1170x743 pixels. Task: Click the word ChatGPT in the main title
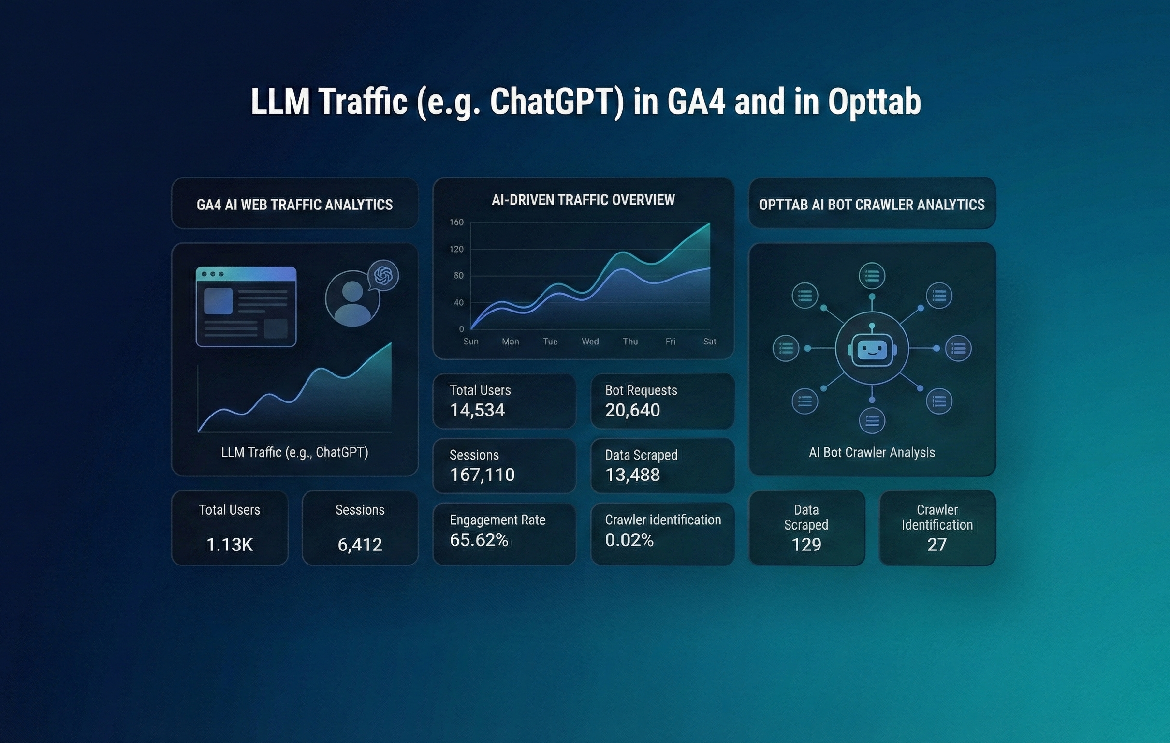click(x=556, y=102)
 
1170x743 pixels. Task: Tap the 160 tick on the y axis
click(x=456, y=222)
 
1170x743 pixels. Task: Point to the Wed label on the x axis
click(x=590, y=342)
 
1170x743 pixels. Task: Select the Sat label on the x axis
click(x=709, y=342)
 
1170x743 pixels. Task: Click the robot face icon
click(x=872, y=349)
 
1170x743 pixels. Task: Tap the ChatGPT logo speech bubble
click(x=383, y=276)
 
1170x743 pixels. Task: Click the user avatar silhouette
click(x=352, y=304)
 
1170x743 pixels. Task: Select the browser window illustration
click(x=246, y=306)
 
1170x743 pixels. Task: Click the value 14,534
click(x=477, y=410)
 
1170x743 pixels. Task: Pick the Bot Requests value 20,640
click(x=632, y=410)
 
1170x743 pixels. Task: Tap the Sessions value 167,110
click(x=482, y=475)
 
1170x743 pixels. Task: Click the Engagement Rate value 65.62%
click(x=479, y=540)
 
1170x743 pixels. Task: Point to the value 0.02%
click(x=629, y=540)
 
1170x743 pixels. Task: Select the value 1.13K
click(x=229, y=545)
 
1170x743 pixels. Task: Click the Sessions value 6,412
click(x=360, y=545)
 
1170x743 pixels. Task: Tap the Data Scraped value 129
click(x=806, y=545)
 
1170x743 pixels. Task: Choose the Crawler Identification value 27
click(x=936, y=545)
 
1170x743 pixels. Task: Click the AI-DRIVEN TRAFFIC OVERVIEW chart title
click(x=583, y=200)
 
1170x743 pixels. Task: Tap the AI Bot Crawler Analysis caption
click(x=872, y=453)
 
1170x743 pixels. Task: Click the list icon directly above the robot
click(x=872, y=276)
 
